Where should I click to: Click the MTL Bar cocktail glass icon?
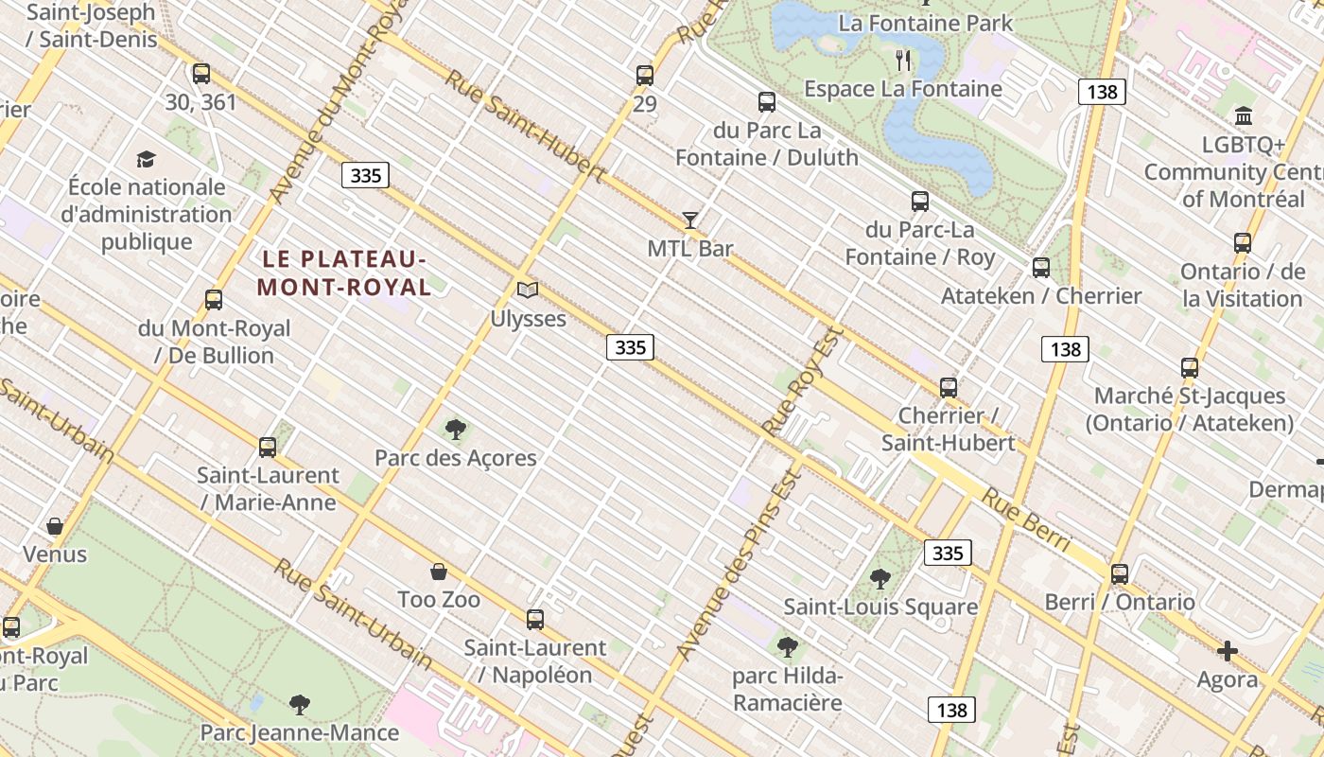pos(690,220)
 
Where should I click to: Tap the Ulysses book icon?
pos(528,290)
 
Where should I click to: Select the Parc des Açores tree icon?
pos(456,430)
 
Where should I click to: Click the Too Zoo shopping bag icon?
pos(439,572)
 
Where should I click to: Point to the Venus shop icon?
pos(55,526)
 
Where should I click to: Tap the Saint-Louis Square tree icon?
pos(880,578)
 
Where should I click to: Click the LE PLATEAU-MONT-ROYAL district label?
pos(344,273)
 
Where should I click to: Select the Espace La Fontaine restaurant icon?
pos(903,61)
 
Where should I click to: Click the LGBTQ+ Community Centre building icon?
pos(1244,116)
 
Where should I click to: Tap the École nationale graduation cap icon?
pos(146,159)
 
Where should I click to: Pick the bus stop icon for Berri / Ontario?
pos(1120,573)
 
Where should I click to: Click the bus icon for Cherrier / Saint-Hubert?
pos(949,387)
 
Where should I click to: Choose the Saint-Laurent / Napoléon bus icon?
pos(535,620)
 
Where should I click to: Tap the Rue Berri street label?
pos(1025,519)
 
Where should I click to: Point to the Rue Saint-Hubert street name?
pos(525,126)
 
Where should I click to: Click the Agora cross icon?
pos(1228,651)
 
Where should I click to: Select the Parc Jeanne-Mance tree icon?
pos(300,704)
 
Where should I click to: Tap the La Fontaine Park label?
pos(925,23)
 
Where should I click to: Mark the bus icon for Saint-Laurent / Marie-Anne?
pos(268,447)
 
